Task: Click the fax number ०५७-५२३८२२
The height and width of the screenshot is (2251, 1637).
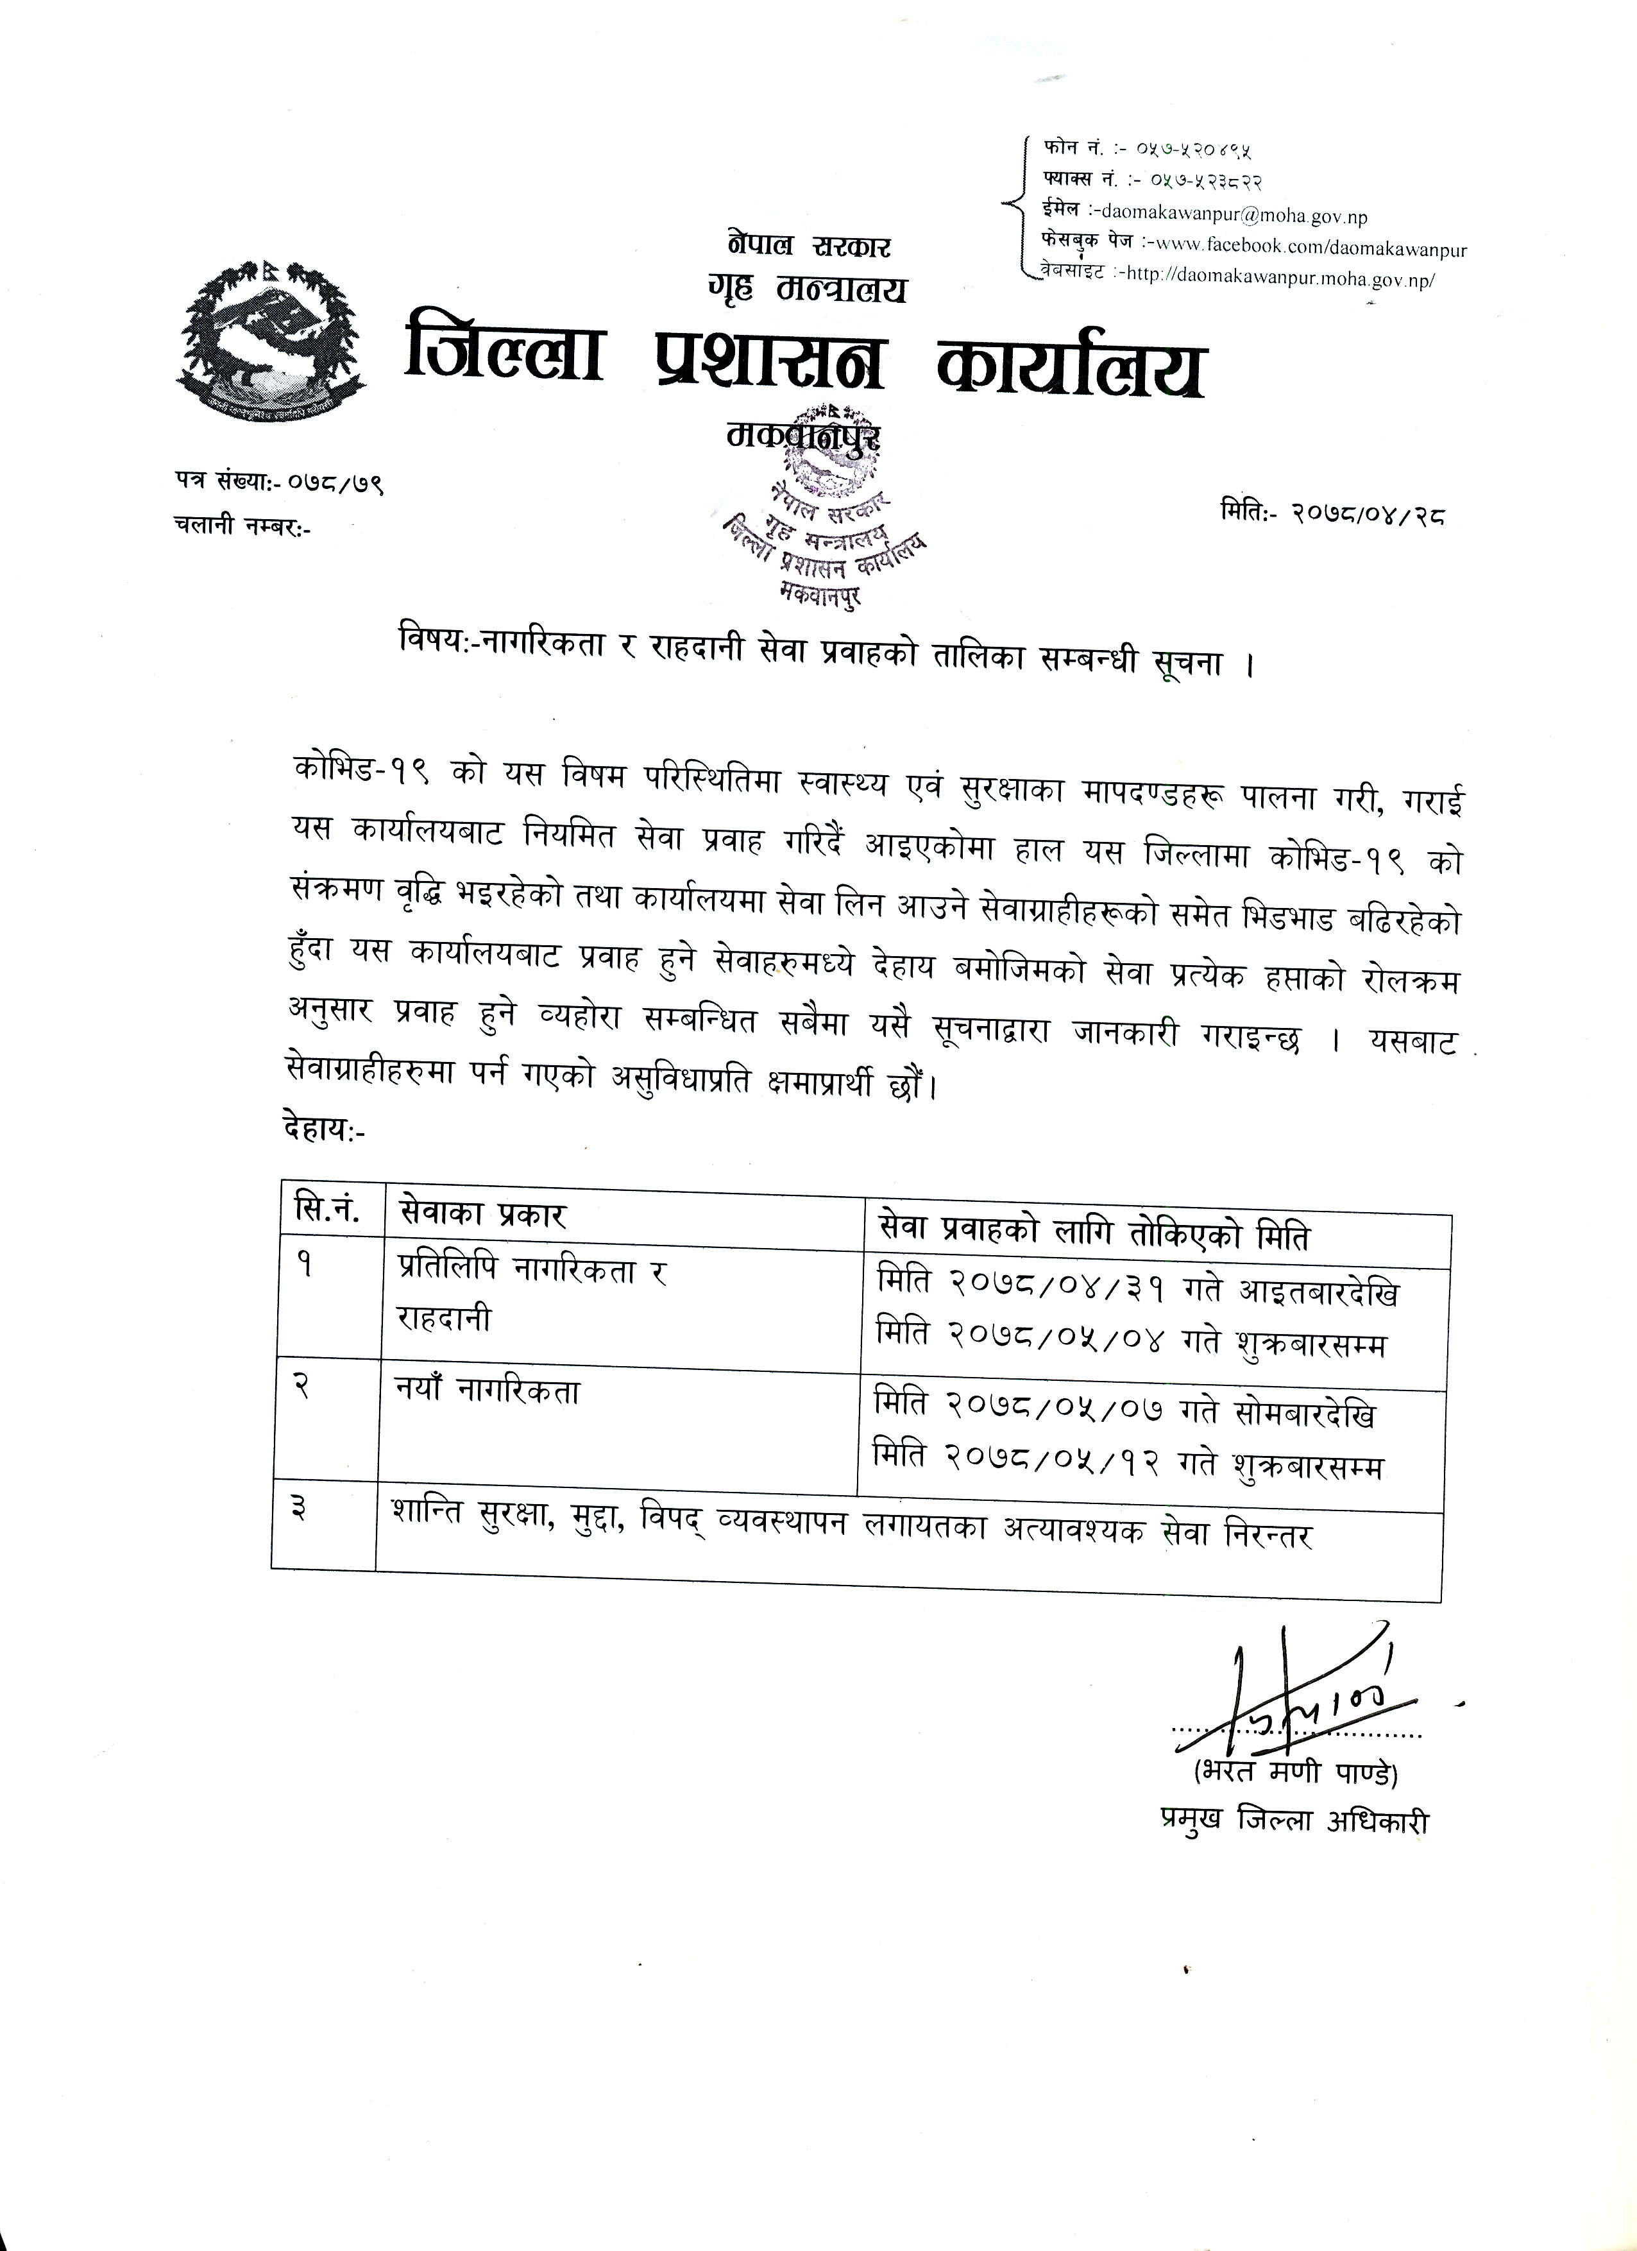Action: tap(1205, 181)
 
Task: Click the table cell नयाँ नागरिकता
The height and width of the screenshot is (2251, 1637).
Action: tap(487, 1392)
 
